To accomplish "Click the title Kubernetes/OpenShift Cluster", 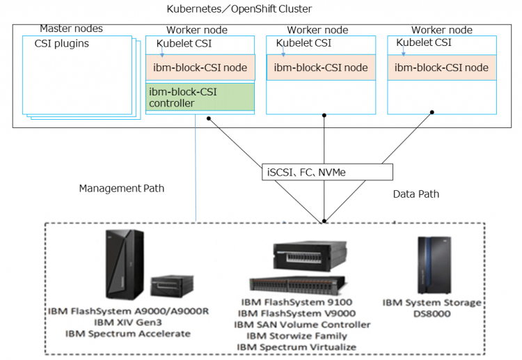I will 239,9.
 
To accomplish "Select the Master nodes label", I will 71,29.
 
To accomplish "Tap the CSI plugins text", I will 62,44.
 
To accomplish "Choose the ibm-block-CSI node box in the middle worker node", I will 321,68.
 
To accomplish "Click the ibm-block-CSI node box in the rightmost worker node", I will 441,68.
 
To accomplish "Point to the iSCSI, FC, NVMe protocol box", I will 324,171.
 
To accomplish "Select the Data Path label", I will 416,194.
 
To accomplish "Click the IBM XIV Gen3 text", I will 127,322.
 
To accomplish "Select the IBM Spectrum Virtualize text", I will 296,347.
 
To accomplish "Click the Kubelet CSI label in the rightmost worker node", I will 424,42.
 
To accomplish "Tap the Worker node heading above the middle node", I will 317,30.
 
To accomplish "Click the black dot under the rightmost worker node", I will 432,111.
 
